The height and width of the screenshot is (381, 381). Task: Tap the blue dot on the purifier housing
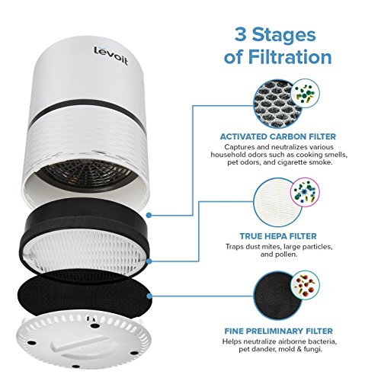click(x=153, y=204)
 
